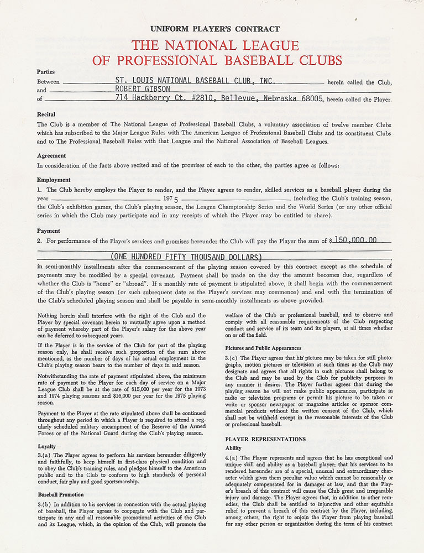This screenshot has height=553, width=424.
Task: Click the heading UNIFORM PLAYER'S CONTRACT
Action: (x=215, y=29)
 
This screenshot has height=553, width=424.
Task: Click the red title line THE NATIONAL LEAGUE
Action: (x=215, y=45)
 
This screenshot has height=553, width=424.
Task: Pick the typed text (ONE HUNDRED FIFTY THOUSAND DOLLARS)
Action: (x=186, y=257)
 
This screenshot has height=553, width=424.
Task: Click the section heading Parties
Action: (x=46, y=72)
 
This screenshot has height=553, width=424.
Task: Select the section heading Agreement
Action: (x=51, y=156)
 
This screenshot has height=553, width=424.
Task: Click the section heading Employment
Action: (x=54, y=180)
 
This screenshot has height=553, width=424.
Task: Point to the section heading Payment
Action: (x=49, y=231)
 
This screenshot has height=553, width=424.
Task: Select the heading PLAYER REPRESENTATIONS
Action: (x=265, y=439)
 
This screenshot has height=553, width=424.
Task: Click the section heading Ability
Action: (x=233, y=448)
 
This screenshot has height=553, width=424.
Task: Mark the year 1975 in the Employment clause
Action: (x=171, y=198)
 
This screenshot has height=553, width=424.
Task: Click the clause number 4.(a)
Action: (x=232, y=458)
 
